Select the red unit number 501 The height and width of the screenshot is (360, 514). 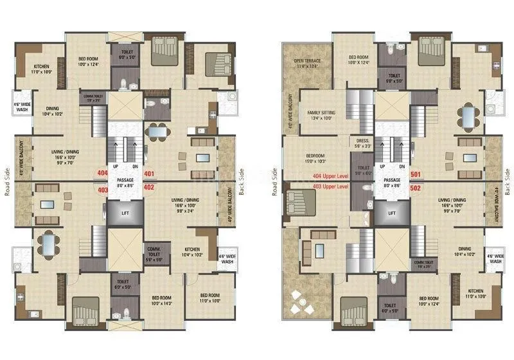click(x=415, y=174)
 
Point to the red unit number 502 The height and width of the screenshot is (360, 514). click(x=415, y=188)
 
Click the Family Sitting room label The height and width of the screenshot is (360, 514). click(x=322, y=114)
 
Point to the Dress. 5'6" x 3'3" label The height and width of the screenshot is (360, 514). click(x=362, y=144)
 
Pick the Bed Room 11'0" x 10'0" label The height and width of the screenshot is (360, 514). click(x=209, y=298)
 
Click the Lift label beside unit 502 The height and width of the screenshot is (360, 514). click(x=391, y=213)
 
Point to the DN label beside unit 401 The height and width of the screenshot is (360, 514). click(x=134, y=166)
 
